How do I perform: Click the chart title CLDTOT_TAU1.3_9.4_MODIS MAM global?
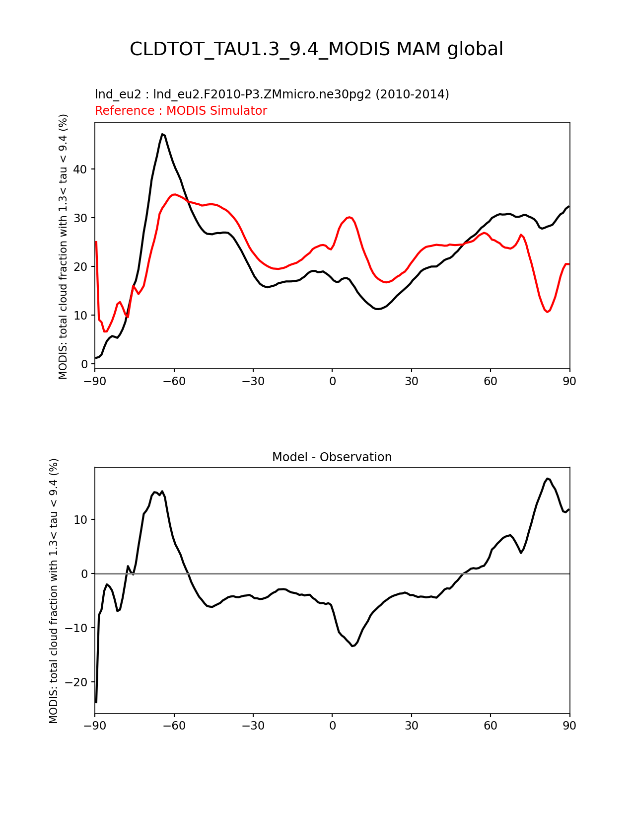(x=316, y=49)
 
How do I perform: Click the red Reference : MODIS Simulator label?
(x=181, y=111)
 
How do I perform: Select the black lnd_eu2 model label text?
(x=272, y=94)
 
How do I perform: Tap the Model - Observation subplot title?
(x=332, y=457)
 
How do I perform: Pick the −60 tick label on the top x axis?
(x=174, y=381)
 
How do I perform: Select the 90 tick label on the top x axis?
(x=569, y=381)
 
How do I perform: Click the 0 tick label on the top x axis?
(x=332, y=381)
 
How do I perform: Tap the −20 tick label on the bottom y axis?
(x=77, y=682)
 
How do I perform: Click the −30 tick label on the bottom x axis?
(x=253, y=726)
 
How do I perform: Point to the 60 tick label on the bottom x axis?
(x=491, y=726)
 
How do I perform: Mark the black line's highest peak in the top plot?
(x=162, y=134)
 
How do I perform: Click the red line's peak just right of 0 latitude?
(x=350, y=217)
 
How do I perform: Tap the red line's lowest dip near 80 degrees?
(x=548, y=312)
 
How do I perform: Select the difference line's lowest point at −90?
(x=96, y=702)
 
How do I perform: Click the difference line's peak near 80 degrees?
(x=547, y=479)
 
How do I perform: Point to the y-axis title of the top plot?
(x=63, y=246)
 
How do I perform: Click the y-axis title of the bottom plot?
(x=54, y=590)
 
